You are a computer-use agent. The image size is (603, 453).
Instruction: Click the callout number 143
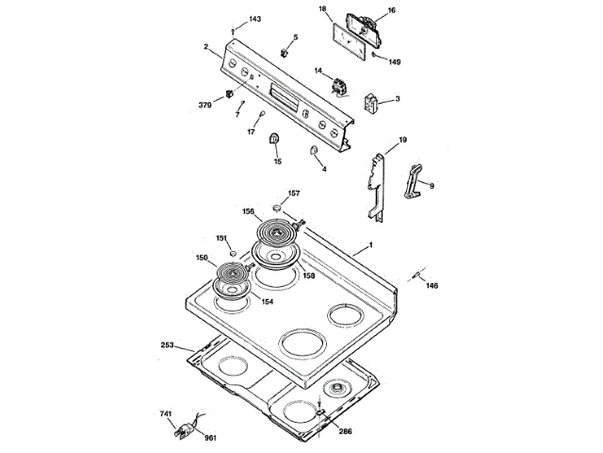point(255,19)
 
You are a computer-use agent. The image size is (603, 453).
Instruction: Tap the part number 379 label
point(205,105)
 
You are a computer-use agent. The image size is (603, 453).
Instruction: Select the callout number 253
point(168,344)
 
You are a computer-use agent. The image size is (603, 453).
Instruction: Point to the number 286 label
point(346,431)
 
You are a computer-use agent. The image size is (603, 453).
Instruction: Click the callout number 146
point(432,285)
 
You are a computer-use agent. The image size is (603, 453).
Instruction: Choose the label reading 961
point(210,438)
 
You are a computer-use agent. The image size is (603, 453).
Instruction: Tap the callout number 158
point(309,276)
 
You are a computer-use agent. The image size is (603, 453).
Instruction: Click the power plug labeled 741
point(184,430)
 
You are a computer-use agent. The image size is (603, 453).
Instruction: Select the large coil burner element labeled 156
point(277,233)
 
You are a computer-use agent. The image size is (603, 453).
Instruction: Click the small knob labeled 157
point(276,208)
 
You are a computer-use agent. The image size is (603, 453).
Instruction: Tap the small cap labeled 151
point(233,253)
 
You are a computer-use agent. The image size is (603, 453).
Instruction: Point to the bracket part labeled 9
point(413,181)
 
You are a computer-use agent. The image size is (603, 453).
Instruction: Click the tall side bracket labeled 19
point(377,188)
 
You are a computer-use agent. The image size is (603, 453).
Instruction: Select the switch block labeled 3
point(370,103)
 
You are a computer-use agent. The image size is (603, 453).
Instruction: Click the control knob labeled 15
point(274,138)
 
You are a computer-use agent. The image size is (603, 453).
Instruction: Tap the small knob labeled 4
point(313,150)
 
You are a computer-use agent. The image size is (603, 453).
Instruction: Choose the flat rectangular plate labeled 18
point(348,42)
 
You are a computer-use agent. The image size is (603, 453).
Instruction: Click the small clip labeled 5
point(285,53)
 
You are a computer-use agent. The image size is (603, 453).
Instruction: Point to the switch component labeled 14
point(340,87)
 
